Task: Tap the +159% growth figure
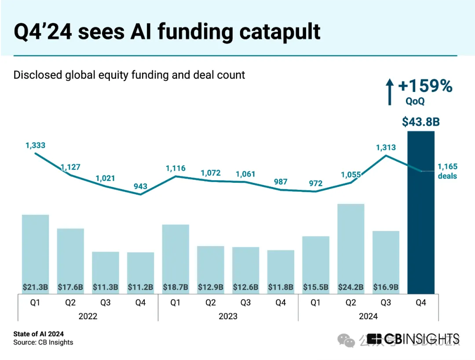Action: tap(425, 86)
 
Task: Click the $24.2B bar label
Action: tap(351, 287)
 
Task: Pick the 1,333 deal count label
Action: tap(36, 145)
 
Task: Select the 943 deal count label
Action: tap(140, 186)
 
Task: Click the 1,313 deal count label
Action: tap(386, 148)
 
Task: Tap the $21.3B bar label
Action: tap(35, 287)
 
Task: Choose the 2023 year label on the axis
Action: tap(228, 316)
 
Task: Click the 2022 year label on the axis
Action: tap(88, 316)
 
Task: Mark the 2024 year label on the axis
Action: tap(368, 316)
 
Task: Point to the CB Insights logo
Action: tap(413, 338)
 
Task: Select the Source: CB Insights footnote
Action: tap(43, 342)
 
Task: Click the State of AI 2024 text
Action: tap(38, 334)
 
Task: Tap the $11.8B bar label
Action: tap(281, 287)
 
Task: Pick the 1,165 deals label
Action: tap(447, 171)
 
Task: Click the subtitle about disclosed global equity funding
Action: tap(129, 75)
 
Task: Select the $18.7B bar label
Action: tap(175, 287)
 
